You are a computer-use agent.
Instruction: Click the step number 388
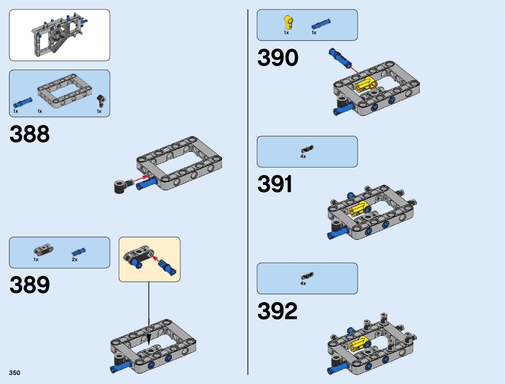click(x=30, y=134)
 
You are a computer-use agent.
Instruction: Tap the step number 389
click(x=30, y=285)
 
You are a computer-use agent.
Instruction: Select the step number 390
click(x=278, y=58)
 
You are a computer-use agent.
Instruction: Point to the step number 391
click(x=275, y=184)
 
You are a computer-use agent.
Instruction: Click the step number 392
click(x=277, y=311)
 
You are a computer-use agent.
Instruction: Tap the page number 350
click(x=15, y=373)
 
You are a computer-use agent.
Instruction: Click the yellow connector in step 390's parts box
click(x=288, y=22)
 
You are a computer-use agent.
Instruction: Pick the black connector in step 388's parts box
click(x=102, y=100)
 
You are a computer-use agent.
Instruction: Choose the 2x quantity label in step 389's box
click(x=75, y=260)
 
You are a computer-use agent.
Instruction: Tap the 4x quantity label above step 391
click(x=303, y=156)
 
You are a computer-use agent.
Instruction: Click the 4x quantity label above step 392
click(x=303, y=283)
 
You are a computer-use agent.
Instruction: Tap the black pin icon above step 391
click(x=307, y=149)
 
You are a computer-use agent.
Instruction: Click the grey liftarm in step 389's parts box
click(x=44, y=250)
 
